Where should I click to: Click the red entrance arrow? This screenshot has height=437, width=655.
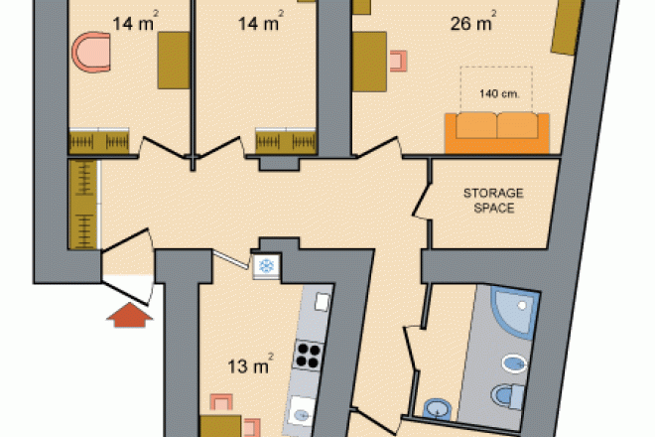(130, 315)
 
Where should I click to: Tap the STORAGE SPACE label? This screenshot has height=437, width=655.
(493, 201)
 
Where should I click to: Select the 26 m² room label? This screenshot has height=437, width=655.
(473, 22)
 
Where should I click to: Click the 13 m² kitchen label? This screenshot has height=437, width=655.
(251, 364)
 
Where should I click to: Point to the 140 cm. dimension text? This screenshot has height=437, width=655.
(499, 93)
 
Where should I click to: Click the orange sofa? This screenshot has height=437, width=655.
(496, 133)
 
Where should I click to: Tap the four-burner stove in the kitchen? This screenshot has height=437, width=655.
(309, 355)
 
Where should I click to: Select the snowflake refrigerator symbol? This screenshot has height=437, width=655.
(267, 266)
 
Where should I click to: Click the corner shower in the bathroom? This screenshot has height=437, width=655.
(515, 313)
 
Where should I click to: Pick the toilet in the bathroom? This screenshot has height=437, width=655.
(507, 395)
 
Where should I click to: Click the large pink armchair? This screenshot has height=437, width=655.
(91, 53)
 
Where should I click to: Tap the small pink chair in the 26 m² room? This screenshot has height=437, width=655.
(398, 61)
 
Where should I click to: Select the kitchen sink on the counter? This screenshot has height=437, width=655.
(301, 412)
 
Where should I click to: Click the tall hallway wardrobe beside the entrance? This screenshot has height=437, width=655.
(84, 205)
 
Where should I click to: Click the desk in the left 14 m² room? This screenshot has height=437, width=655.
(174, 61)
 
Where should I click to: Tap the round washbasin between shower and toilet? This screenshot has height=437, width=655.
(514, 364)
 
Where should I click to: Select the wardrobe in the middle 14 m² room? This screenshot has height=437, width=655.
(286, 141)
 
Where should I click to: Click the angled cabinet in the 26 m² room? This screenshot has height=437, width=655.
(567, 26)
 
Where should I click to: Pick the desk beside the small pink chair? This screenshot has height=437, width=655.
(369, 62)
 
